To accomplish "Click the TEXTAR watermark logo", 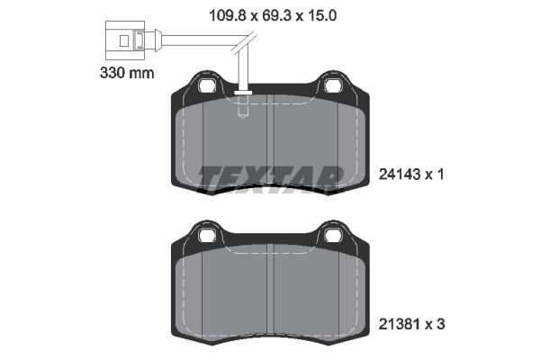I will point(271,179).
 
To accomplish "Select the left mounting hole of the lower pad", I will point(206,237).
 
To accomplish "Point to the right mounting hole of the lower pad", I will point(333,237).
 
